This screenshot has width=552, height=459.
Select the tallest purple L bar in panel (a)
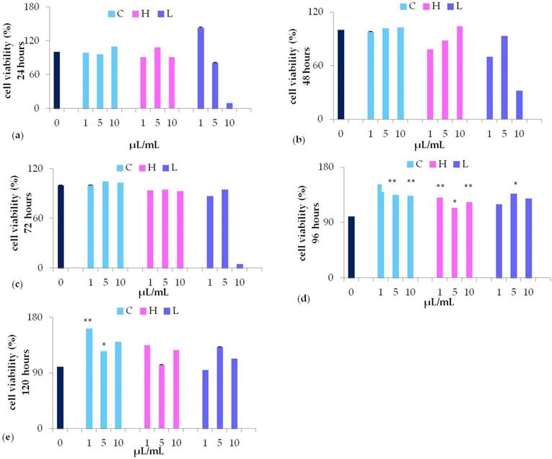[201, 68]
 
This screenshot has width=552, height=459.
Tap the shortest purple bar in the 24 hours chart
[229, 105]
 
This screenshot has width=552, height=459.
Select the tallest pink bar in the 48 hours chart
[460, 73]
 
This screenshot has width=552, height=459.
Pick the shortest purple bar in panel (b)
[520, 105]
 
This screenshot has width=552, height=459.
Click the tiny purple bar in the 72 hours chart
[240, 266]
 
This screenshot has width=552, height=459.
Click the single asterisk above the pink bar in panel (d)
[455, 202]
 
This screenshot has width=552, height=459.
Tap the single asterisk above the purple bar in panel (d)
[514, 183]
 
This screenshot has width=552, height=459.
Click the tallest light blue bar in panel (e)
[89, 378]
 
